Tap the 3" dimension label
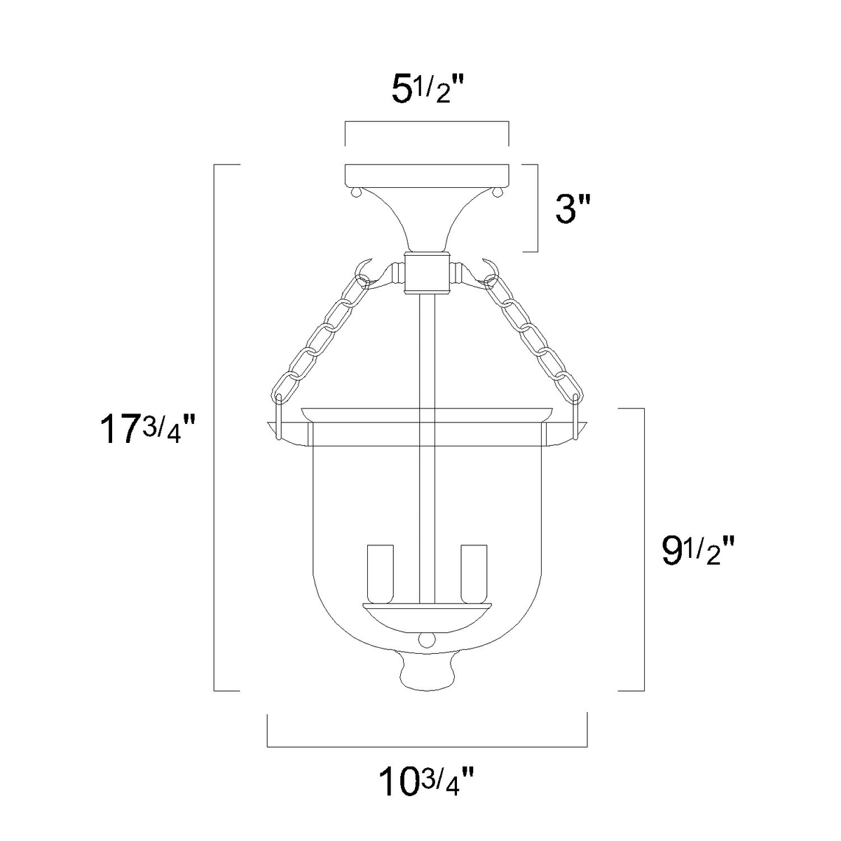[x=573, y=209]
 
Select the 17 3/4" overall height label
[x=147, y=430]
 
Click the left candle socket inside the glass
[x=381, y=575]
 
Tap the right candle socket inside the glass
[x=474, y=575]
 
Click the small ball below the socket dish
[x=427, y=639]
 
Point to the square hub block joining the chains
[x=427, y=273]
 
